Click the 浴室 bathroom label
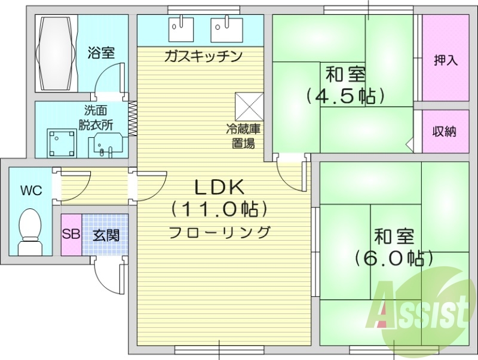tap(101, 53)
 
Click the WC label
tap(31, 191)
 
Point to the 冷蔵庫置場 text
tap(241, 136)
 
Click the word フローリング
tap(219, 231)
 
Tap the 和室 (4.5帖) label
tap(345, 85)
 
